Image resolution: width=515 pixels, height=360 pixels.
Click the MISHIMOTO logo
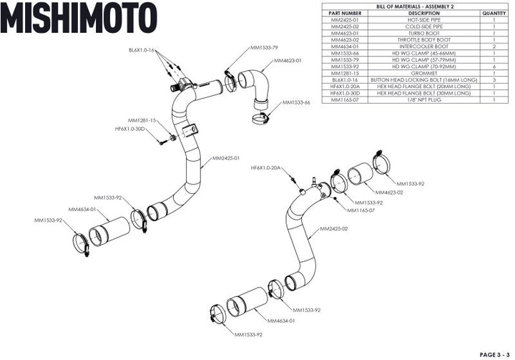pyautogui.click(x=78, y=18)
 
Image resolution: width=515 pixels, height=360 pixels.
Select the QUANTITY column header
pyautogui.click(x=494, y=13)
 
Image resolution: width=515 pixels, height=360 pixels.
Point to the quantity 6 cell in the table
pyautogui.click(x=494, y=67)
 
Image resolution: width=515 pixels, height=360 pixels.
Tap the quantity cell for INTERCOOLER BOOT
pyautogui.click(x=494, y=47)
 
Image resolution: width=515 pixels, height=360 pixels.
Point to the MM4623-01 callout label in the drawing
pyautogui.click(x=288, y=61)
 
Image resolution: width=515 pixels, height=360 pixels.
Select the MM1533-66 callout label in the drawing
pyautogui.click(x=296, y=102)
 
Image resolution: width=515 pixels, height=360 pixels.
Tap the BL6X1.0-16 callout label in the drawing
pyautogui.click(x=142, y=51)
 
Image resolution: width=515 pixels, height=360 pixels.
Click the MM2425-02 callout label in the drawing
pyautogui.click(x=334, y=229)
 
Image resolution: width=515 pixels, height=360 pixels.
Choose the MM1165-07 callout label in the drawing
pyautogui.click(x=361, y=210)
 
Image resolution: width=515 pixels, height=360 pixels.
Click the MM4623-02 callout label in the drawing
pyautogui.click(x=389, y=193)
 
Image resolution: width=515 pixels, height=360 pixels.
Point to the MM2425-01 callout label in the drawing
pyautogui.click(x=225, y=158)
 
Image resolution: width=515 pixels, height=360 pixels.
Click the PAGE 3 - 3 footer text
pyautogui.click(x=494, y=354)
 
